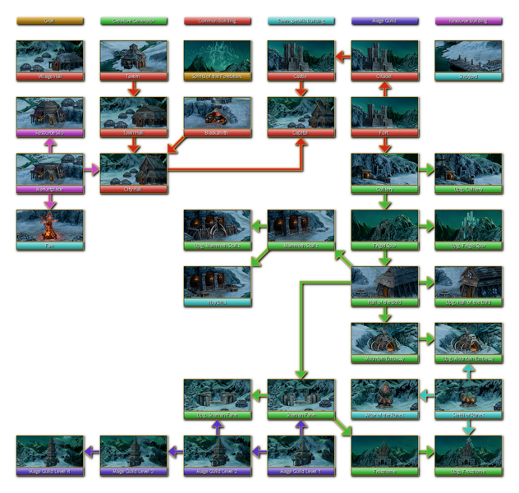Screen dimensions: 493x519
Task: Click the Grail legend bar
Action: click(49, 21)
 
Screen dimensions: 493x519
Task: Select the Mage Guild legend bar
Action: click(384, 21)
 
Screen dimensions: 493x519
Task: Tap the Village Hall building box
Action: click(49, 60)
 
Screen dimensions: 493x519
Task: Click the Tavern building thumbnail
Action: click(133, 57)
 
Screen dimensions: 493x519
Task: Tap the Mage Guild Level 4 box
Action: click(49, 455)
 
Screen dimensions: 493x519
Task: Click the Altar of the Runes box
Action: click(384, 399)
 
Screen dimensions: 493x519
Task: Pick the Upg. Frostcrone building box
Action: click(468, 455)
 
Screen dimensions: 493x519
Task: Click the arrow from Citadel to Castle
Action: click(342, 57)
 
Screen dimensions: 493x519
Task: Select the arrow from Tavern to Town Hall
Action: click(133, 88)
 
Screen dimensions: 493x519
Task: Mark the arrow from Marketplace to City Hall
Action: click(91, 169)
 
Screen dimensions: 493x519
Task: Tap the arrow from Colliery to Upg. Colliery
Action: click(426, 169)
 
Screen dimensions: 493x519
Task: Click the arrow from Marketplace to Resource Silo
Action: click(49, 145)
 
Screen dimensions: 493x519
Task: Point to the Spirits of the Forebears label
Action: click(217, 76)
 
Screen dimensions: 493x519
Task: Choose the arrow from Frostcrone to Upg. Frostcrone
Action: click(426, 452)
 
